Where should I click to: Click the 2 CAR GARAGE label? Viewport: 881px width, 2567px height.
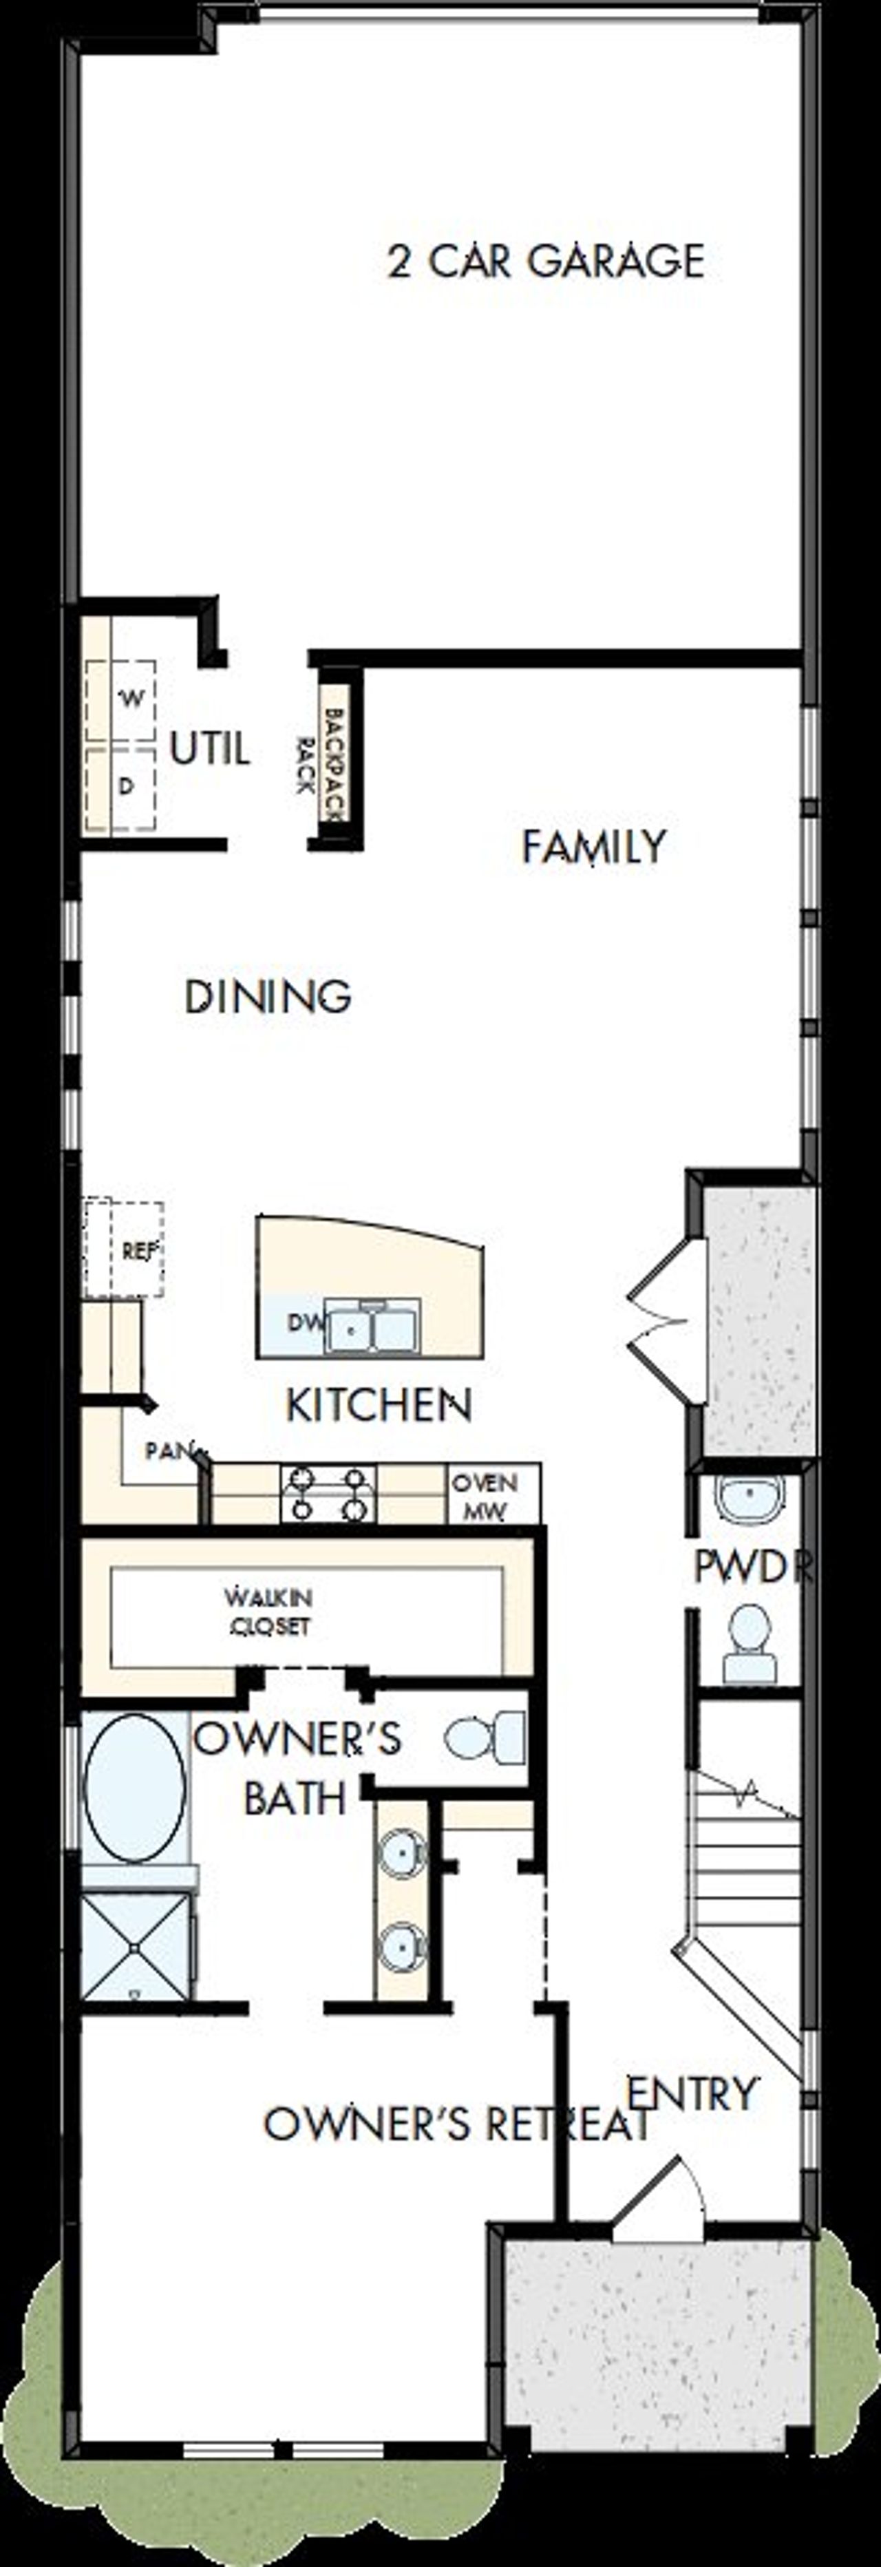click(545, 261)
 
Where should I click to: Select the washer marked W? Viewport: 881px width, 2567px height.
click(131, 699)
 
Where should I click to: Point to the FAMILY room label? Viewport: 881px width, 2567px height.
click(594, 847)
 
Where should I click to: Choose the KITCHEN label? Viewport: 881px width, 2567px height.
click(378, 1405)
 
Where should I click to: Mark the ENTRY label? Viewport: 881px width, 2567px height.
click(692, 2093)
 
